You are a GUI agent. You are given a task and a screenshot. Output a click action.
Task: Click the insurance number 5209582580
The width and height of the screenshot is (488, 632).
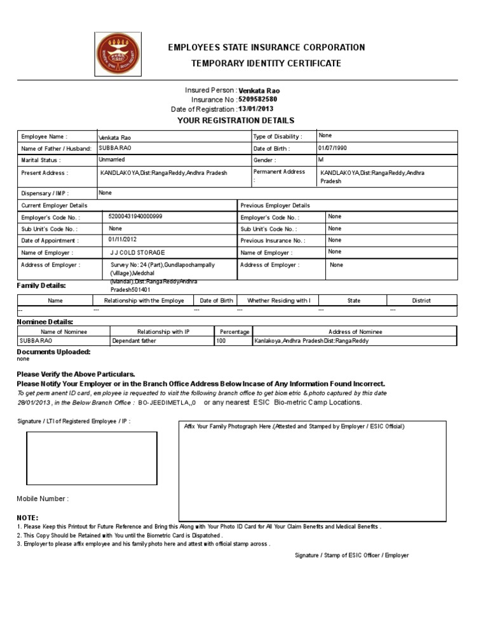point(257,100)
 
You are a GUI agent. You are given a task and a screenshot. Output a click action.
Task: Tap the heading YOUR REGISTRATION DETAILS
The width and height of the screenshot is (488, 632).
point(236,120)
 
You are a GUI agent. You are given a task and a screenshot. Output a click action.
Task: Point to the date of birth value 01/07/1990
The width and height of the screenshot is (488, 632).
point(333,148)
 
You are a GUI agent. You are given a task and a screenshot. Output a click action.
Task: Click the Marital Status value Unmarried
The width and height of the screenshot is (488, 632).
point(112,160)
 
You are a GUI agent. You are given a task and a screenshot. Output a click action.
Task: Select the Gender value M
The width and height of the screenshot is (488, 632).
point(321,160)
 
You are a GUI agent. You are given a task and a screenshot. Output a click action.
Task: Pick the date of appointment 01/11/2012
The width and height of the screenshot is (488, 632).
point(123,240)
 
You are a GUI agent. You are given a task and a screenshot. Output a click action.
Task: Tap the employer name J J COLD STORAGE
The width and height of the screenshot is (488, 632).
point(138,252)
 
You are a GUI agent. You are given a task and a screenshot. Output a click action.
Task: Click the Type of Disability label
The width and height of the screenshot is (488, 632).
point(277,137)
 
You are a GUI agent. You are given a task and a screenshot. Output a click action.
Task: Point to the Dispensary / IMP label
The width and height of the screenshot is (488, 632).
point(45,193)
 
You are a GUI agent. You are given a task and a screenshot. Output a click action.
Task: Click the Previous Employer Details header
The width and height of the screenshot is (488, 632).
point(275,205)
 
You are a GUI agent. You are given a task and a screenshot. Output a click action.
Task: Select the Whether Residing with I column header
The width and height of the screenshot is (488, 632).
point(278,301)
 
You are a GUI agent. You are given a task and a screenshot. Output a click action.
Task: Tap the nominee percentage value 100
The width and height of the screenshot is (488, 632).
point(221,341)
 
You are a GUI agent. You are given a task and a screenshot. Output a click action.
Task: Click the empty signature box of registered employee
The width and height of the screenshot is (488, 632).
point(91,462)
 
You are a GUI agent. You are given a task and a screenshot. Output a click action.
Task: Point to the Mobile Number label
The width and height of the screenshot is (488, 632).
point(43,499)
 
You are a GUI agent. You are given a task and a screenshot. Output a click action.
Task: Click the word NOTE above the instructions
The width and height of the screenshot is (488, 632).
point(27,518)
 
